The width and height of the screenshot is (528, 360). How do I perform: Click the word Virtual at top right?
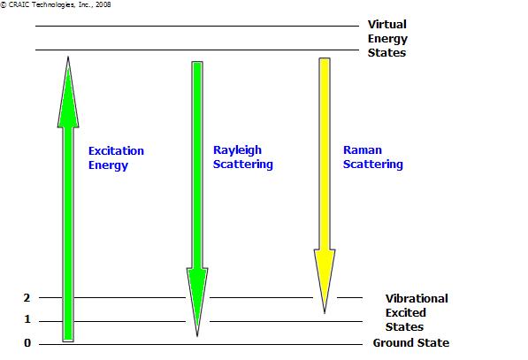click(386, 24)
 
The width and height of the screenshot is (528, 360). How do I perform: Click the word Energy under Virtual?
click(387, 39)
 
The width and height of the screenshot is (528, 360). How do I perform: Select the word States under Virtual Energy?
click(386, 52)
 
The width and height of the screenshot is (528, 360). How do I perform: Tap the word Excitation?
click(116, 150)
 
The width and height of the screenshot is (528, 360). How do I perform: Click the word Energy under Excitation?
click(108, 165)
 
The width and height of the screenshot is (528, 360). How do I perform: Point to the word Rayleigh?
click(237, 150)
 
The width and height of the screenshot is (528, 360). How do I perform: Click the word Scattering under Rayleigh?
click(243, 165)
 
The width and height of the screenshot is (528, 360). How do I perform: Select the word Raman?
click(363, 149)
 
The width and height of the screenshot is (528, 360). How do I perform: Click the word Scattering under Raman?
click(372, 165)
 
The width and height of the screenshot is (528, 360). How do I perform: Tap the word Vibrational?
click(417, 298)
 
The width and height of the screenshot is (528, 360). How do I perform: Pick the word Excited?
click(405, 312)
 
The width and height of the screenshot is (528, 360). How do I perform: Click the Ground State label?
click(411, 343)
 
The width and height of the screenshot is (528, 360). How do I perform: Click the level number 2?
click(27, 298)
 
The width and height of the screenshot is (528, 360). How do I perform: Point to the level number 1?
click(27, 319)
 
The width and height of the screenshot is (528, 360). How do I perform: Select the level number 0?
click(27, 343)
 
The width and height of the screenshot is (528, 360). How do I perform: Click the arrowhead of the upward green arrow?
click(68, 92)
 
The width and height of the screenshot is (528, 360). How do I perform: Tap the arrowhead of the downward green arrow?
click(197, 303)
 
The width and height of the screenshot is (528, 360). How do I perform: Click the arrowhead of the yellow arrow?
click(325, 281)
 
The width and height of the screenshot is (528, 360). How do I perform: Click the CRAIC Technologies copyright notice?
click(56, 4)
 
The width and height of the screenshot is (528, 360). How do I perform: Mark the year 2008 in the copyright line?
click(103, 4)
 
